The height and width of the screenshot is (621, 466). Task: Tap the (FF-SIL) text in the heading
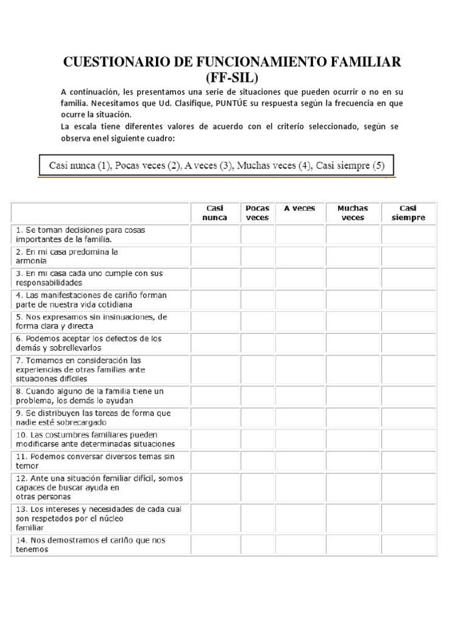[x=232, y=78]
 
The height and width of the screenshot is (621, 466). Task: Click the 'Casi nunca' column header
[x=215, y=213]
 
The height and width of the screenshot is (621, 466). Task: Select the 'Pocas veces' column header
[x=257, y=213]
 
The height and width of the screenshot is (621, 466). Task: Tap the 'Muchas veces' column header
[x=353, y=213]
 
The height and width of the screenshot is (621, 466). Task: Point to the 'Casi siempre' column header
[x=408, y=213]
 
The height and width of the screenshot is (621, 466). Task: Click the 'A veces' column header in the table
[x=300, y=208]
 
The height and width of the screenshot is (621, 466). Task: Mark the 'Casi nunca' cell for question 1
[x=215, y=234]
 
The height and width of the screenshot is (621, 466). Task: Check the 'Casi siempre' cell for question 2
[x=408, y=256]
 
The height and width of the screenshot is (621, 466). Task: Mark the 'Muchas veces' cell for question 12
[x=353, y=488]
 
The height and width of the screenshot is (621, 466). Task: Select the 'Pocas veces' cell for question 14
[x=257, y=545]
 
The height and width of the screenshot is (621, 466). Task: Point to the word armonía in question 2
[x=31, y=261]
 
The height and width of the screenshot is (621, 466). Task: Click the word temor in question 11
[x=27, y=466]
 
